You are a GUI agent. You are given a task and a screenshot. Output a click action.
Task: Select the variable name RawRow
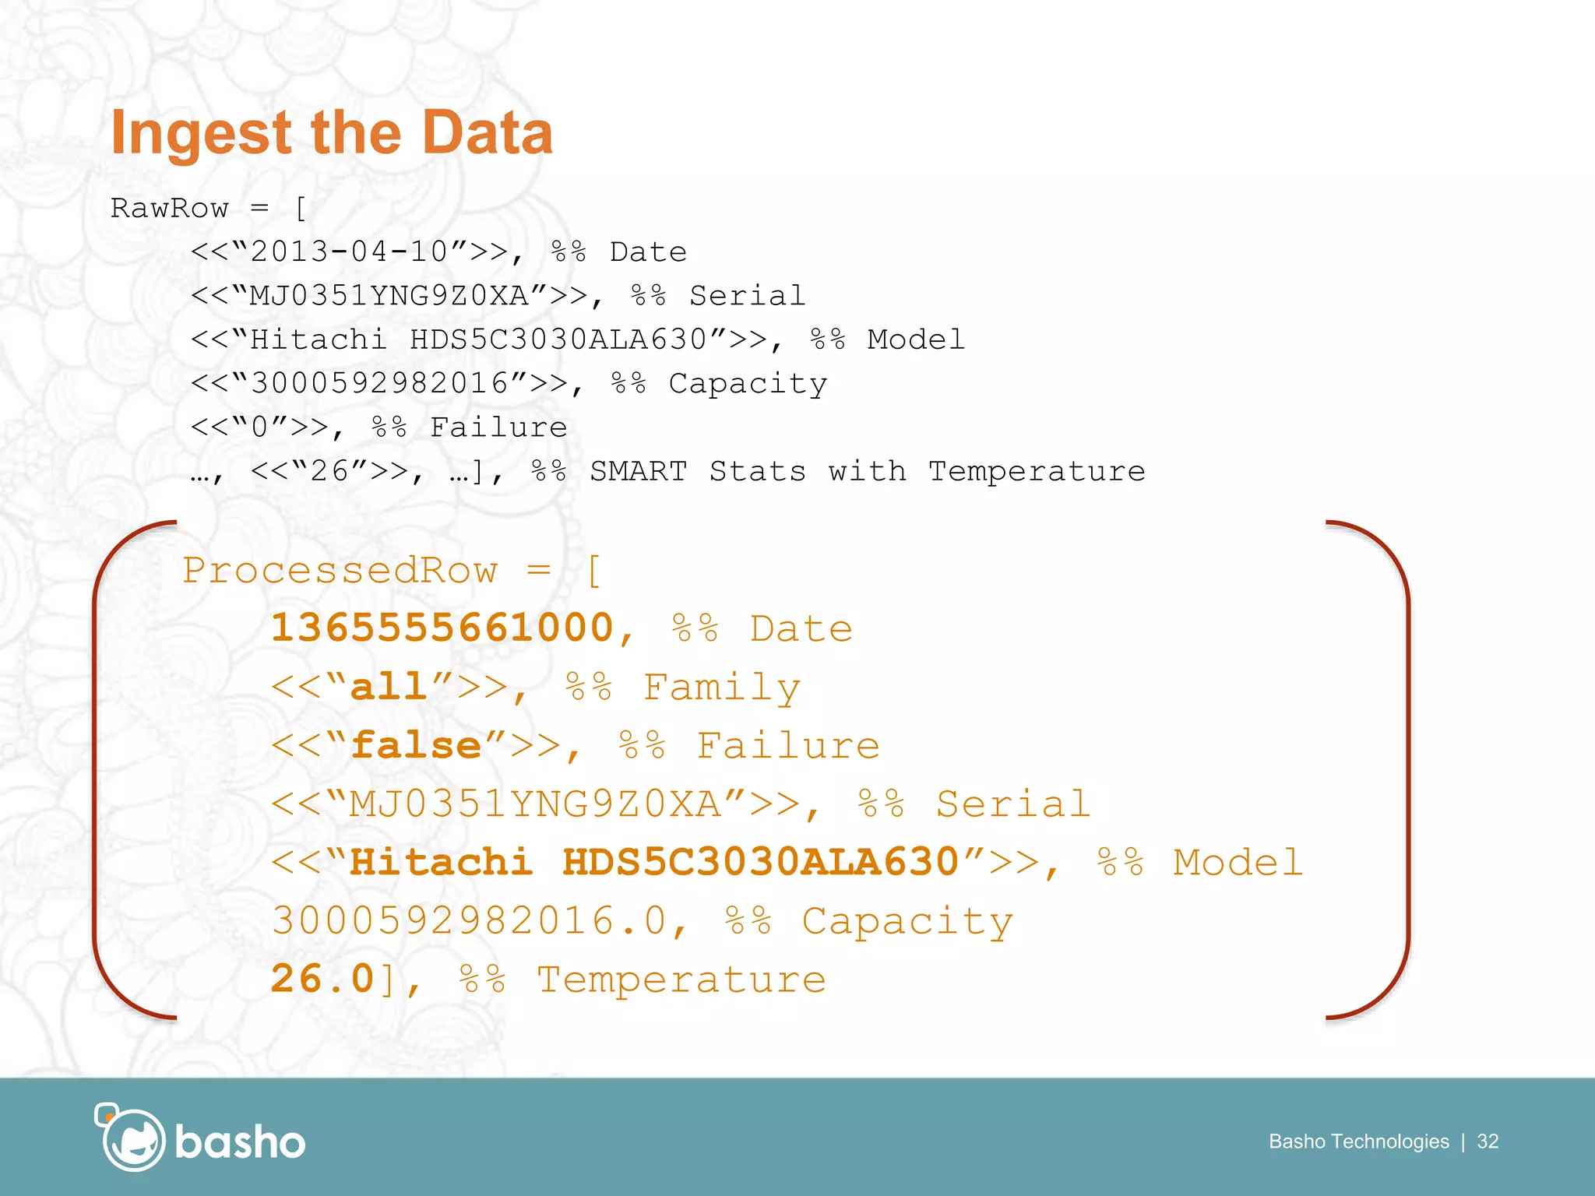point(169,208)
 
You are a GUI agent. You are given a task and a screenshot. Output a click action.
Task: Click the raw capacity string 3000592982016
point(379,383)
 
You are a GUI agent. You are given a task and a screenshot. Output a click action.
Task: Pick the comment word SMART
point(638,471)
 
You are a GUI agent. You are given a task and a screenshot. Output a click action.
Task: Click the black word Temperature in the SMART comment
point(1037,471)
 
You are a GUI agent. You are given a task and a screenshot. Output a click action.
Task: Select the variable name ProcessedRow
point(340,571)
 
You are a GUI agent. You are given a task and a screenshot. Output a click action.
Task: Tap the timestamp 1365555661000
point(442,628)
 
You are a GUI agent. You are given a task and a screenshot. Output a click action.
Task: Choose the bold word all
point(389,687)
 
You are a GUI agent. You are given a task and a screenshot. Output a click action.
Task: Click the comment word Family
point(722,688)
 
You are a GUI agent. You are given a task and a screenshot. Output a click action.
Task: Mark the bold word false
point(416,746)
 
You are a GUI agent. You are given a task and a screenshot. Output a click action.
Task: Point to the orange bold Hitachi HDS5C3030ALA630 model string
point(654,863)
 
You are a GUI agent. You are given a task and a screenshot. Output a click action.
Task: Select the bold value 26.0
point(322,979)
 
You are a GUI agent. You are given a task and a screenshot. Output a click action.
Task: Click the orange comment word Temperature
point(681,980)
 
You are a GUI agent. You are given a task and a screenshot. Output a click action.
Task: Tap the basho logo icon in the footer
point(131,1138)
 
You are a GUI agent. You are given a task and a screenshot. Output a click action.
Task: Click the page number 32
point(1488,1141)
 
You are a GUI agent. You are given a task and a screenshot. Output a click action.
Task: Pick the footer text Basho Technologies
point(1358,1141)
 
